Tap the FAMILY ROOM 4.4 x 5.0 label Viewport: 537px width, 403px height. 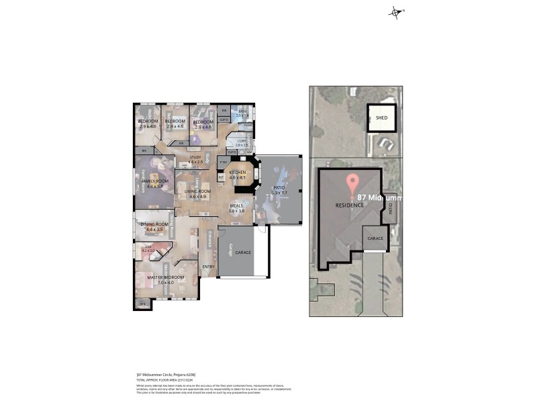click(x=154, y=183)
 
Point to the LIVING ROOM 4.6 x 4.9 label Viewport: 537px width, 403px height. click(x=197, y=193)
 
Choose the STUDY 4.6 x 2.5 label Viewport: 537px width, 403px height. click(x=195, y=159)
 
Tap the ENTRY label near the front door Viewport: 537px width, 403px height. click(x=208, y=266)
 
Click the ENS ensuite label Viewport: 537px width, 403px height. click(x=148, y=249)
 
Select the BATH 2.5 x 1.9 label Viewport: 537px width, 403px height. click(x=242, y=113)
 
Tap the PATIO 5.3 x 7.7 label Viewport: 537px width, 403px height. click(x=279, y=190)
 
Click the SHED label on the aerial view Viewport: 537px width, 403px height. click(x=381, y=118)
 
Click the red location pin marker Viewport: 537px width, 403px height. click(x=351, y=184)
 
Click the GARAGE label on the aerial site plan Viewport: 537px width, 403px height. click(x=375, y=238)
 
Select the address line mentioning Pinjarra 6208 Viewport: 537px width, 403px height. click(x=166, y=374)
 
